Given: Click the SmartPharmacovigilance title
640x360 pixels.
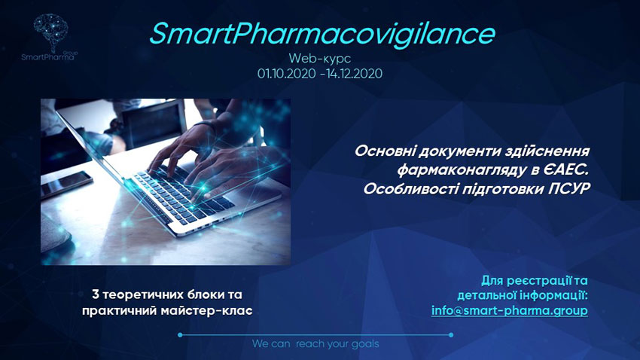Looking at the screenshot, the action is (322, 35).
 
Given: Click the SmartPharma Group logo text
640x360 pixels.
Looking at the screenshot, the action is (49, 56).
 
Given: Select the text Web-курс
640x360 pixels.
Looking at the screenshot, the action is (319, 58).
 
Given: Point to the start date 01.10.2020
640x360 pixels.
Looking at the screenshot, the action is (287, 74).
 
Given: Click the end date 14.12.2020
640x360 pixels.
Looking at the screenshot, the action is (355, 74).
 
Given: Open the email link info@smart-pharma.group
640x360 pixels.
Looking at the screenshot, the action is (510, 310).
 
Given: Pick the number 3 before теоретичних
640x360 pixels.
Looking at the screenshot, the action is (96, 294).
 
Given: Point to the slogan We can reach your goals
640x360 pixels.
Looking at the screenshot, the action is (315, 344).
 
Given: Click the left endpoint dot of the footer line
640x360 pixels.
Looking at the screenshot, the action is (180, 334).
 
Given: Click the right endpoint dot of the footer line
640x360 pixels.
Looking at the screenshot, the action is (450, 334).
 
